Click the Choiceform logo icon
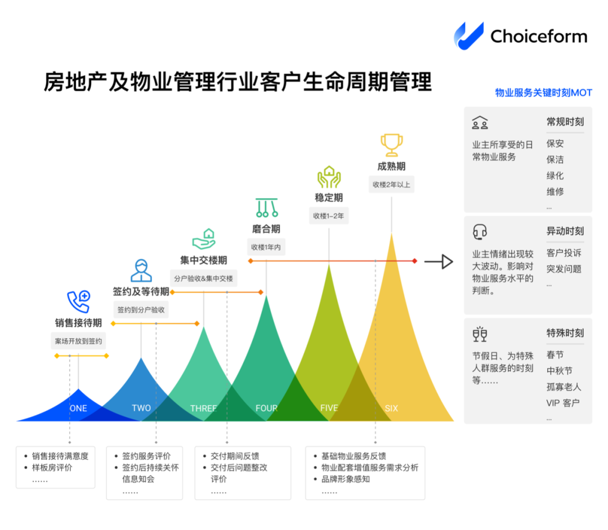468,35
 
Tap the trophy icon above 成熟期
391,145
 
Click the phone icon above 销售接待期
78,302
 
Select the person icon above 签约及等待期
141,270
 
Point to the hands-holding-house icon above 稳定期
329,177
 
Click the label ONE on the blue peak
78,408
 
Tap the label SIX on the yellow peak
391,408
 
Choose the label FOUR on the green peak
266,408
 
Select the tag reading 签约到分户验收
141,310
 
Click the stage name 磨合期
266,229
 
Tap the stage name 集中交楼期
203,260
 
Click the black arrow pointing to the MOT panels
439,262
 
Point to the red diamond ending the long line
414,261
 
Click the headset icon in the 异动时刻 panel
480,231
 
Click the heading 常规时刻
565,122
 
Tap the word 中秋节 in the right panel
559,371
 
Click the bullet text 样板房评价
52,468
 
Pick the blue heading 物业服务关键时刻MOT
543,93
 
